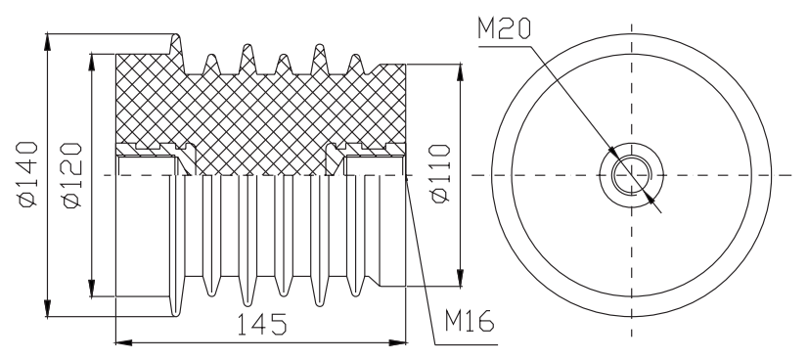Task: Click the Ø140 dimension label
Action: [x=28, y=174]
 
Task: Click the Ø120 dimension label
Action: [x=72, y=176]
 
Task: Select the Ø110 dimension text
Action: [x=441, y=174]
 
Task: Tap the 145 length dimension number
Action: [x=261, y=324]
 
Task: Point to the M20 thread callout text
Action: [x=504, y=28]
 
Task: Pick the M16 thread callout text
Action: [x=470, y=322]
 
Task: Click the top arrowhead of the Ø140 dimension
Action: [x=48, y=42]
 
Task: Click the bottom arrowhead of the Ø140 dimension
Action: [x=48, y=309]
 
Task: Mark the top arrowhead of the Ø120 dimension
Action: [x=92, y=62]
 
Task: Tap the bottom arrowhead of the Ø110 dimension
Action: [x=460, y=278]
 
